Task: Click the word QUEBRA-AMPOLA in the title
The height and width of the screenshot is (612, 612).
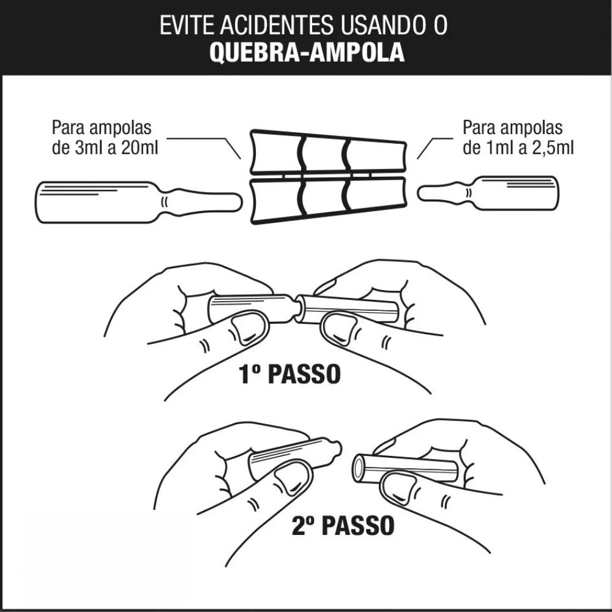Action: tap(307, 53)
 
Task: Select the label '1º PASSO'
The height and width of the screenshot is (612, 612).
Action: tap(289, 375)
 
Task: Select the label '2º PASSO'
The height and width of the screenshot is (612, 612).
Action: tap(342, 525)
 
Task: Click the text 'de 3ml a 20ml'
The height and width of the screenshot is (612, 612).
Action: tap(105, 148)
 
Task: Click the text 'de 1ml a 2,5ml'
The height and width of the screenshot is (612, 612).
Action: tap(518, 148)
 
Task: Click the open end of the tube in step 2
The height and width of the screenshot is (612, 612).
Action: tap(359, 469)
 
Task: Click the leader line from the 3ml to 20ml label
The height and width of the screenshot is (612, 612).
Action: tap(202, 140)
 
